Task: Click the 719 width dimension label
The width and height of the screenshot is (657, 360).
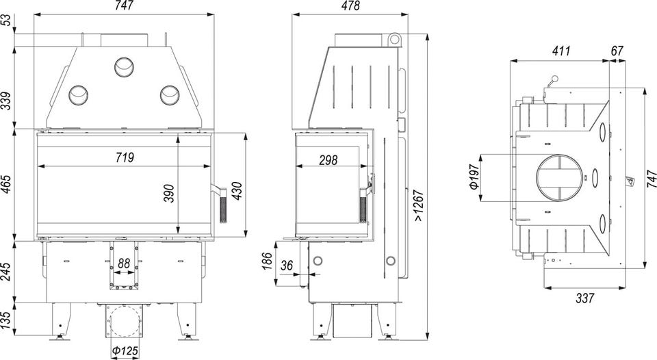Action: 125,157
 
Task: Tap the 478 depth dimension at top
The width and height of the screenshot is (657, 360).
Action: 350,6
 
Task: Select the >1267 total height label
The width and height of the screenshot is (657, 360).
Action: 419,207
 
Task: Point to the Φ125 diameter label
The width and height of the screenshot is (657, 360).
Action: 125,350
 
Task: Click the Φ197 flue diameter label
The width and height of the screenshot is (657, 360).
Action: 474,177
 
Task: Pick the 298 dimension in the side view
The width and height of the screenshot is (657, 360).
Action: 328,160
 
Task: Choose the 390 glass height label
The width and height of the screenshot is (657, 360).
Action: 169,193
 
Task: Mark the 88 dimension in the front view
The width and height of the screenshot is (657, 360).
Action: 124,263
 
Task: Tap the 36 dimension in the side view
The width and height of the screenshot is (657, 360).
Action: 287,266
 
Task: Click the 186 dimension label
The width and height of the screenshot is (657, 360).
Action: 267,261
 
